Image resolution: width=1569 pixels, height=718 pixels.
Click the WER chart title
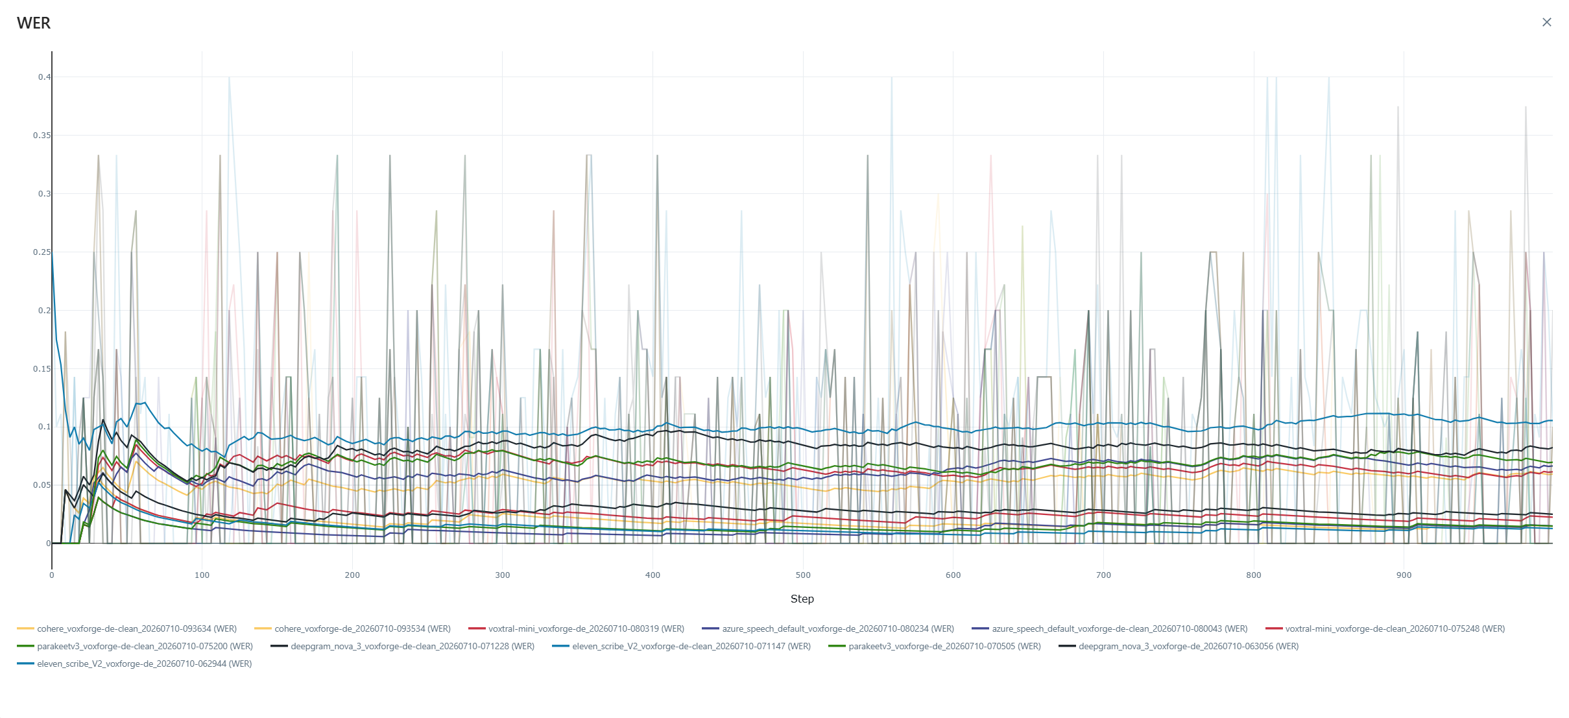click(34, 23)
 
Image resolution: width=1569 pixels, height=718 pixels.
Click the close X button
click(1547, 22)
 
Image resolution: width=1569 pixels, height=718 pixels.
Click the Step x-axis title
click(802, 599)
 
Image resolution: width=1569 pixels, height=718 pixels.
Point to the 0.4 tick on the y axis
click(44, 77)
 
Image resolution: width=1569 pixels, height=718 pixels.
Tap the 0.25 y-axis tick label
click(42, 252)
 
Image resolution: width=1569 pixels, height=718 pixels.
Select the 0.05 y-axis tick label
click(42, 485)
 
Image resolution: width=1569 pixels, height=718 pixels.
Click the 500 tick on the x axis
click(803, 575)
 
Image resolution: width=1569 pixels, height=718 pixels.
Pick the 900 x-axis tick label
click(1404, 575)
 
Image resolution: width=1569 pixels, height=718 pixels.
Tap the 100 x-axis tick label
click(202, 575)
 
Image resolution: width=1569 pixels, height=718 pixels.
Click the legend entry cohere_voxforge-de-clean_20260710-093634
click(127, 628)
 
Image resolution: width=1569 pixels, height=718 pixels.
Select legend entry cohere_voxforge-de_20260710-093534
click(353, 628)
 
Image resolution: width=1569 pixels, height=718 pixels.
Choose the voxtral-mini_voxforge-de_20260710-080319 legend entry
click(577, 628)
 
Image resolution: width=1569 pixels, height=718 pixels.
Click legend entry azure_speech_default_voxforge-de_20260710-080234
click(828, 628)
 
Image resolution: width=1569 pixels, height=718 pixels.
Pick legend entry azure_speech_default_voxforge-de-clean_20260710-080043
click(1110, 628)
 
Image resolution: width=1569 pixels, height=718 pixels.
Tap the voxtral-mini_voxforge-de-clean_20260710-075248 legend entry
click(1385, 628)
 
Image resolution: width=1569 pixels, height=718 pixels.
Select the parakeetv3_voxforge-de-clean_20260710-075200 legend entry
click(135, 646)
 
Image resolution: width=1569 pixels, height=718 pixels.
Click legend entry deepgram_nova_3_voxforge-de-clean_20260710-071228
click(403, 646)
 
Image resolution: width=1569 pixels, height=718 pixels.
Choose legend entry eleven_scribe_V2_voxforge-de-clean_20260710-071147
click(682, 646)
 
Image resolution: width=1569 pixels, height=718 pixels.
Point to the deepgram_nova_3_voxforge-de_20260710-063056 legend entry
click(1179, 646)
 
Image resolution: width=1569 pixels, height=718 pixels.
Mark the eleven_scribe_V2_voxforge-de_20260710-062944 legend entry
click(134, 664)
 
